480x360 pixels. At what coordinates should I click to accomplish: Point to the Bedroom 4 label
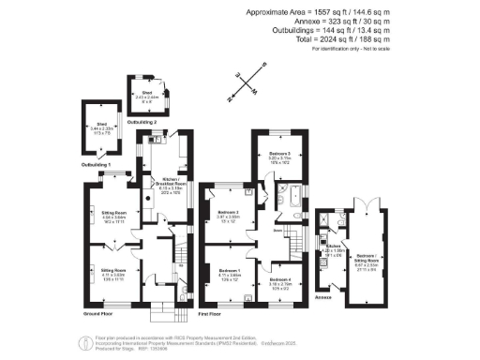279,279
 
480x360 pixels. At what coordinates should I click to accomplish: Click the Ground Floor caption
99,314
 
